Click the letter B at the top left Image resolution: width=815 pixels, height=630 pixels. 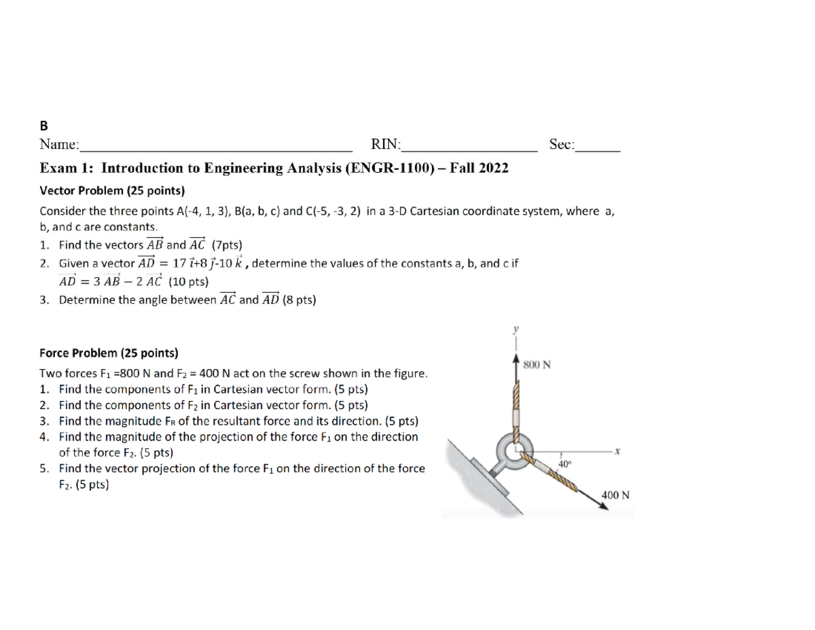44,126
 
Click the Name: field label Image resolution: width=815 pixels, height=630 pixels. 59,144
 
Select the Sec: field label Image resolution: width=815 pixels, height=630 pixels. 562,144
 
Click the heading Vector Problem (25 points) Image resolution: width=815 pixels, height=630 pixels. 112,190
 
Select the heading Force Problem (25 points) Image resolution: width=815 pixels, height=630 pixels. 109,353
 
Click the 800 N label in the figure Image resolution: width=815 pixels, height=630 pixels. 537,365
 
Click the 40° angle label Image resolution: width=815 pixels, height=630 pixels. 564,463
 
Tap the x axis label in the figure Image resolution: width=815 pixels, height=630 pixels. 617,451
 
